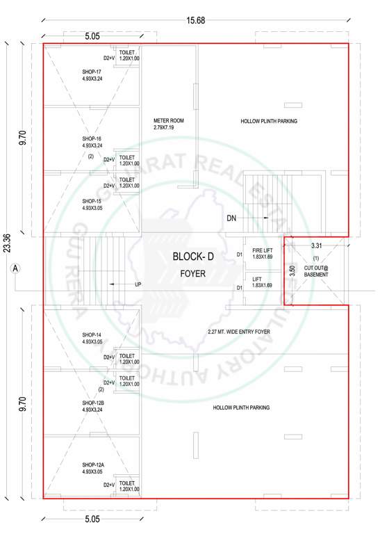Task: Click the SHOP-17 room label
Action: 92,72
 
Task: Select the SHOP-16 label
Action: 92,139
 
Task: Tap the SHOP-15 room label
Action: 92,201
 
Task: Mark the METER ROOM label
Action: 167,121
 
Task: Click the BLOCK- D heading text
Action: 193,257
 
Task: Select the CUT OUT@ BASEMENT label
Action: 315,270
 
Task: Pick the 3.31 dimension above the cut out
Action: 316,245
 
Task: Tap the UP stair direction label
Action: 138,284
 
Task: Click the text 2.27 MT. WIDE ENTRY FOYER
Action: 238,332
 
